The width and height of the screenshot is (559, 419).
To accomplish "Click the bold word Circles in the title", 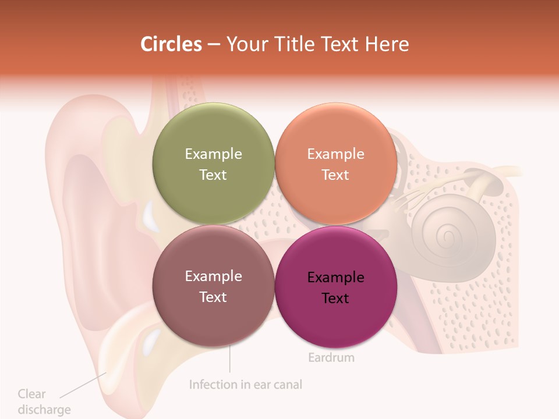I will coord(171,44).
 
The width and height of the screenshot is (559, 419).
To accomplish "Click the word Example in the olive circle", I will coord(213,154).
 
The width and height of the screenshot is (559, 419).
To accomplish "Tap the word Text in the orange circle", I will coord(335,175).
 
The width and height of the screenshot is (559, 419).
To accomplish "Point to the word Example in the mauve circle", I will coord(213,276).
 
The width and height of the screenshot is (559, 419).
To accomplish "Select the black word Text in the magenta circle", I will coord(335,298).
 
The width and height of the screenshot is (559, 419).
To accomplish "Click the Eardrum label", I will coord(331,357).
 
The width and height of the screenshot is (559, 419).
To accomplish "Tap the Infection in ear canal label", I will coord(246,385).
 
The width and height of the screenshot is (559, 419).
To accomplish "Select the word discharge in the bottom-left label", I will coord(44,410).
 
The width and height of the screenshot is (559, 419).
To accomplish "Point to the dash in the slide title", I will coord(214,45).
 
